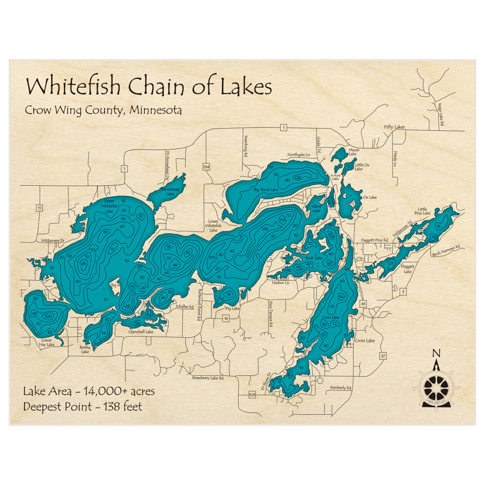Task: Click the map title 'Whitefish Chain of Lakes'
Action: [x=148, y=87]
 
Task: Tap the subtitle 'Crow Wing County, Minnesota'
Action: [x=103, y=110]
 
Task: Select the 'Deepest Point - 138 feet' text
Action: [x=83, y=406]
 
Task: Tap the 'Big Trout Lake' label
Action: [x=266, y=190]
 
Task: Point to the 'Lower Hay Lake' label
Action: [x=47, y=343]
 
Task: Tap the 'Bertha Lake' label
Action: [x=85, y=349]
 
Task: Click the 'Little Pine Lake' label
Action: [x=422, y=211]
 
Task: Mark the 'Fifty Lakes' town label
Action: [x=394, y=127]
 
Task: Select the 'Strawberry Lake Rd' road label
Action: [x=207, y=377]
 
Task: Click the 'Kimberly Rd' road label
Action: [x=340, y=388]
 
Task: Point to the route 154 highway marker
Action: [x=206, y=167]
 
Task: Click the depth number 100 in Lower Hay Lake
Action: [x=48, y=317]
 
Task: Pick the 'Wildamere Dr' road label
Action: [x=53, y=240]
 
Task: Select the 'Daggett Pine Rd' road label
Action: [x=374, y=240]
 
